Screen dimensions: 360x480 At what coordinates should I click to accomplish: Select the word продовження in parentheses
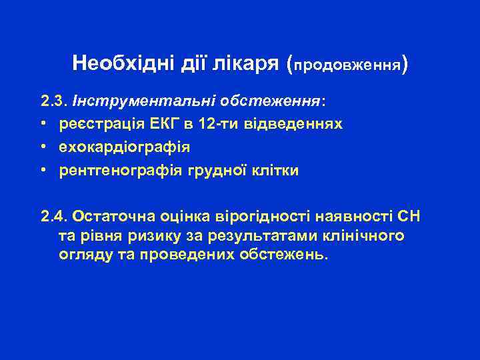pyautogui.click(x=347, y=66)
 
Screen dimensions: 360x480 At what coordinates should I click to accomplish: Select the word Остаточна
pyautogui.click(x=110, y=217)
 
